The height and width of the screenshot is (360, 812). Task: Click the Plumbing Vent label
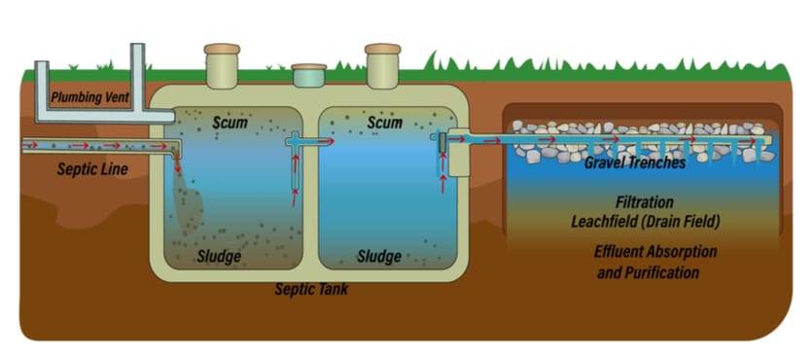(89, 97)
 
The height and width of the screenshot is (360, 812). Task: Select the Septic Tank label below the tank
(311, 289)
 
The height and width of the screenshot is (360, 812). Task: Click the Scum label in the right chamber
(384, 124)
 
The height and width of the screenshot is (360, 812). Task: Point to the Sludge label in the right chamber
(379, 257)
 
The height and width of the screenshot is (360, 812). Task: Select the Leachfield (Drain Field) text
(645, 222)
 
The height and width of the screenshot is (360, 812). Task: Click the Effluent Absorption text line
(655, 251)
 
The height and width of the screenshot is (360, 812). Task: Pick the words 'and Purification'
(648, 272)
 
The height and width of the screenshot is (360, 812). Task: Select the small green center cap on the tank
(309, 70)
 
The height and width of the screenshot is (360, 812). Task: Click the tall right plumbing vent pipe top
(137, 49)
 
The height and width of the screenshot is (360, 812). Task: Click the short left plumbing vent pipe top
(42, 66)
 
